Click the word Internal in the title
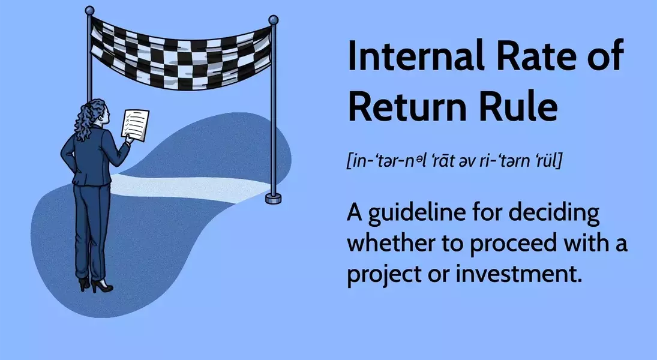pyautogui.click(x=415, y=55)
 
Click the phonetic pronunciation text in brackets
pyautogui.click(x=455, y=161)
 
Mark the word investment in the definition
pyautogui.click(x=519, y=275)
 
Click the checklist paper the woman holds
pyautogui.click(x=136, y=125)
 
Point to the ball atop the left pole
pyautogui.click(x=89, y=10)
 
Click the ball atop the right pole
pyautogui.click(x=273, y=20)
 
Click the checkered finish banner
pyautogui.click(x=181, y=52)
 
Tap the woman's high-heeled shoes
pyautogui.click(x=95, y=284)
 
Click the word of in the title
pyautogui.click(x=610, y=55)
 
